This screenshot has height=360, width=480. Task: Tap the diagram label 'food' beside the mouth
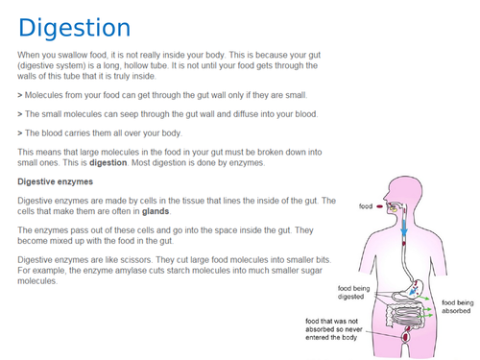point(366,206)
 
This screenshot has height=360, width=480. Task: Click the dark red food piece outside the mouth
point(380,206)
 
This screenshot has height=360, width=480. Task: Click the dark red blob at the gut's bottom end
point(407,336)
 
